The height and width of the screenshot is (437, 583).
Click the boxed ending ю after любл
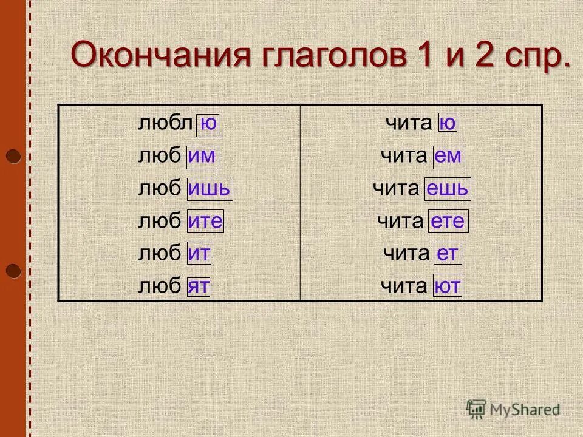[208, 124]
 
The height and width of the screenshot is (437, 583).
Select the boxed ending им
[202, 157]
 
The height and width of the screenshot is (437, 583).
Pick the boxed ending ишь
[210, 189]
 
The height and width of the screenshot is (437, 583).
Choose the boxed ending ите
[205, 221]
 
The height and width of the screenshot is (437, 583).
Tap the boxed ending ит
[199, 253]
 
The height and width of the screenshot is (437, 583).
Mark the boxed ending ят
[199, 285]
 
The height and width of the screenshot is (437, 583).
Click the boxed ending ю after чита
[446, 124]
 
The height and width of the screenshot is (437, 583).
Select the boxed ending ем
[448, 157]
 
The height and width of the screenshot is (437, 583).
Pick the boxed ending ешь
[447, 189]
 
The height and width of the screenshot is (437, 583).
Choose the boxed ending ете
[449, 221]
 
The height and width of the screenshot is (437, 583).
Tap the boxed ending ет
[447, 253]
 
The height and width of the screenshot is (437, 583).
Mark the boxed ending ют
[447, 285]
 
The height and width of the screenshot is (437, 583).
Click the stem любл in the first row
[164, 124]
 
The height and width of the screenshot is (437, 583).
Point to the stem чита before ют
[404, 285]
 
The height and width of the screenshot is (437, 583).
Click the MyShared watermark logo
[513, 410]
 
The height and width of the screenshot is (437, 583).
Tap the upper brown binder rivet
[13, 157]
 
